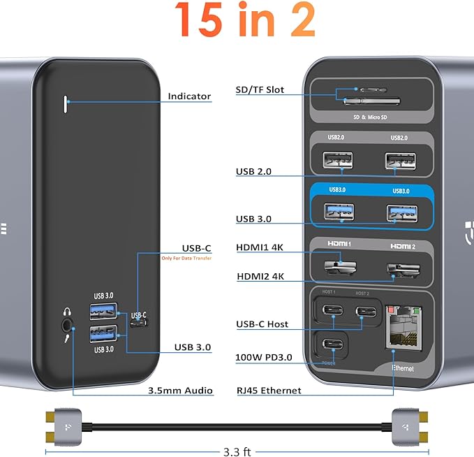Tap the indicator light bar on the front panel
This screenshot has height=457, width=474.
[66, 103]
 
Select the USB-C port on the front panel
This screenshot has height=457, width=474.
[138, 322]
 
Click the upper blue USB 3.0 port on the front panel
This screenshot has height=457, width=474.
[103, 310]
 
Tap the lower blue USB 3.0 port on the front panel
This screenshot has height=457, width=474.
[103, 334]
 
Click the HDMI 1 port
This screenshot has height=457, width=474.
[338, 266]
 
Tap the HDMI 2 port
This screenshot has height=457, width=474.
[400, 268]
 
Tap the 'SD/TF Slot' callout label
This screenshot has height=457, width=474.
[260, 90]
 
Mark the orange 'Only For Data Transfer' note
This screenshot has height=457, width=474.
[186, 259]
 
